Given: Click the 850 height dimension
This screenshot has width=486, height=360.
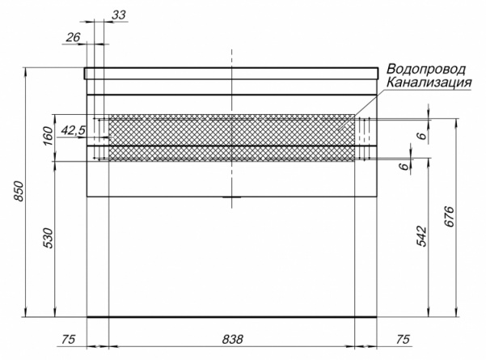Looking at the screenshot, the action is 19,191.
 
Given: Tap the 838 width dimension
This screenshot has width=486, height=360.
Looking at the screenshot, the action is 232,339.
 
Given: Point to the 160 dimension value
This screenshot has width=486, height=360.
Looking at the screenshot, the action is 48,136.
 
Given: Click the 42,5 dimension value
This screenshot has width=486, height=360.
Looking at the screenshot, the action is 73,131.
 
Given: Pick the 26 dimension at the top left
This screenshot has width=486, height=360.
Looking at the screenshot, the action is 73,37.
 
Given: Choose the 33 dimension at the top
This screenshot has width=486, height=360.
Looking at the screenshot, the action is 119,15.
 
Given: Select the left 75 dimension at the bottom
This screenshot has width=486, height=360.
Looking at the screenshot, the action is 68,339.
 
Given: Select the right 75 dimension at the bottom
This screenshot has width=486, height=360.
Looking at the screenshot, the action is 403,339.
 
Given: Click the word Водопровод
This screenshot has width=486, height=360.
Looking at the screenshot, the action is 426,70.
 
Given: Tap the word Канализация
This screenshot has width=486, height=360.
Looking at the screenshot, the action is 429,83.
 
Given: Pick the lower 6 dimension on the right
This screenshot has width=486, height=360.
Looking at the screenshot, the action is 404,167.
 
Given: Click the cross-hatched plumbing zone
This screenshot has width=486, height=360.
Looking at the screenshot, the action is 232,138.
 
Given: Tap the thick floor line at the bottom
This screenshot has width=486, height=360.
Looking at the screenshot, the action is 232,317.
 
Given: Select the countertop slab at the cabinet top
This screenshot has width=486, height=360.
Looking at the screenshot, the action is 231,73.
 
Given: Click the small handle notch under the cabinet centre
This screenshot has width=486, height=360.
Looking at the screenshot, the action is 232,197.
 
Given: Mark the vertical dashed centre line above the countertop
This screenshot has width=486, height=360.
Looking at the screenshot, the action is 231,58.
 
